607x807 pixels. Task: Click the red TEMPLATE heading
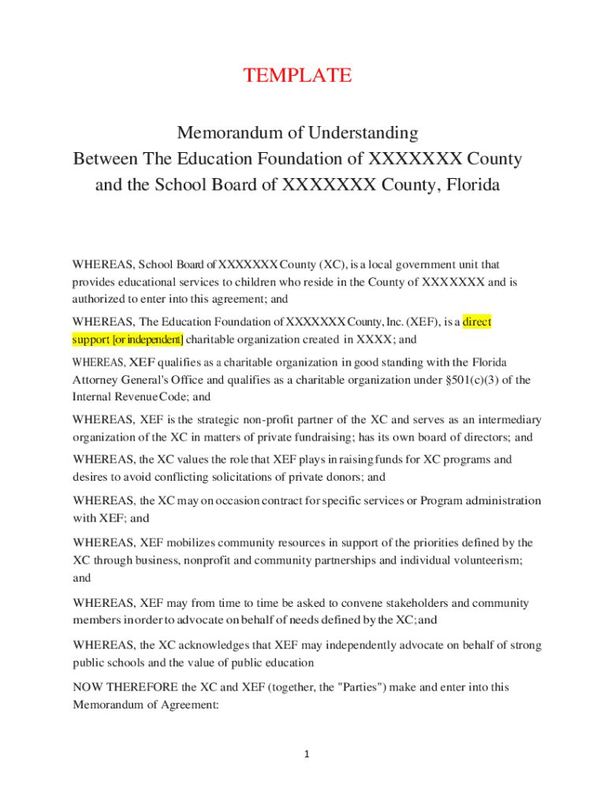tap(297, 76)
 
